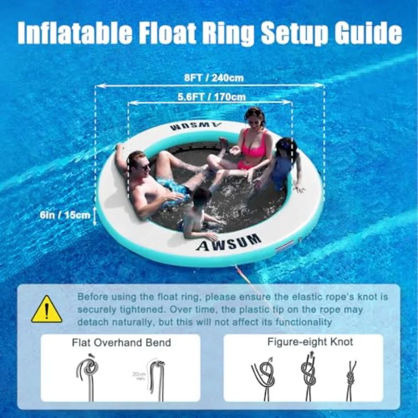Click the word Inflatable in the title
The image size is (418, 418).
coord(75,33)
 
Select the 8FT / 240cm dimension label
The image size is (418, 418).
coord(214,78)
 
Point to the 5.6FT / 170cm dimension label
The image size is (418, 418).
coord(212,97)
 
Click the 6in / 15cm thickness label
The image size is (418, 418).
coord(65,215)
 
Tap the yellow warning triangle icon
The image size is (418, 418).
coord(46,309)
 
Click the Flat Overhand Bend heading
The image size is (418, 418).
coord(121,343)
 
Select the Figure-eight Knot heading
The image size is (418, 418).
coord(310,342)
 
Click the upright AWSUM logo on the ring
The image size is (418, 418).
coord(229,242)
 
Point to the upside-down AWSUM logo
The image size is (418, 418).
coord(196,126)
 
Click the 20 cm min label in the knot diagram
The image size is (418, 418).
coord(139,376)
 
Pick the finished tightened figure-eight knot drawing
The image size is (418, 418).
coord(352,381)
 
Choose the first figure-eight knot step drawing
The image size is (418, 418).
coord(264,379)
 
